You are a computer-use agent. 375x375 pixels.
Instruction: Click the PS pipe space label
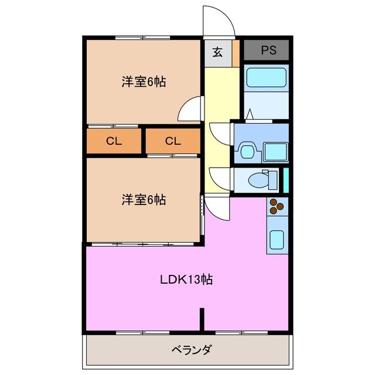pyautogui.click(x=268, y=50)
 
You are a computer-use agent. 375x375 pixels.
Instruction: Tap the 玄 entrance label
pyautogui.click(x=217, y=52)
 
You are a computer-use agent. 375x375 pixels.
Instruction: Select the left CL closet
pyautogui.click(x=114, y=141)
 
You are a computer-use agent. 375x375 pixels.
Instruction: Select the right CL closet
pyautogui.click(x=172, y=141)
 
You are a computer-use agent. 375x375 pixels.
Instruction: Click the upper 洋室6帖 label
pyautogui.click(x=144, y=82)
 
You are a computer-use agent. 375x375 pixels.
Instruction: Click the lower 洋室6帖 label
pyautogui.click(x=144, y=200)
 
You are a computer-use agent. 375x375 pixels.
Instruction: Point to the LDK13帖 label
pyautogui.click(x=186, y=279)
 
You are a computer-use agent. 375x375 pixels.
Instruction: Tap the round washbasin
pyautogui.click(x=246, y=152)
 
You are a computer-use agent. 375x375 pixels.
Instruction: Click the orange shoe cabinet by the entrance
pyautogui.click(x=236, y=52)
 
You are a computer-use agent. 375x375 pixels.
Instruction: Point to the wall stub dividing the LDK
pyautogui.click(x=202, y=319)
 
